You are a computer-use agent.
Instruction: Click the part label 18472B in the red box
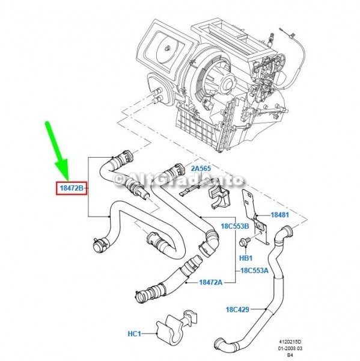tap(72, 188)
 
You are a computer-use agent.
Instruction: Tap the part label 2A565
tap(201, 168)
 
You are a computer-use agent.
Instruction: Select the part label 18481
tap(279, 215)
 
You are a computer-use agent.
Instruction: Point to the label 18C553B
tap(235, 226)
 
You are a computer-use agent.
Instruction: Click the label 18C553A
tap(254, 270)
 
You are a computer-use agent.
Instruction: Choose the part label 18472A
tap(211, 282)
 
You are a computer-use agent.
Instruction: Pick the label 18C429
tap(237, 309)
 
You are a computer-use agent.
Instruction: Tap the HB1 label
tap(246, 258)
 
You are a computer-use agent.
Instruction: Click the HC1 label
tap(134, 333)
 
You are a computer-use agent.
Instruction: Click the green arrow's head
tap(62, 170)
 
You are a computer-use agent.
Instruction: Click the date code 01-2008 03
tap(291, 348)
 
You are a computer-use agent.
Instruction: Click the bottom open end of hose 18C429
tap(219, 345)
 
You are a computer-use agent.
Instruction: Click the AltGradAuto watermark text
tap(178, 179)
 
